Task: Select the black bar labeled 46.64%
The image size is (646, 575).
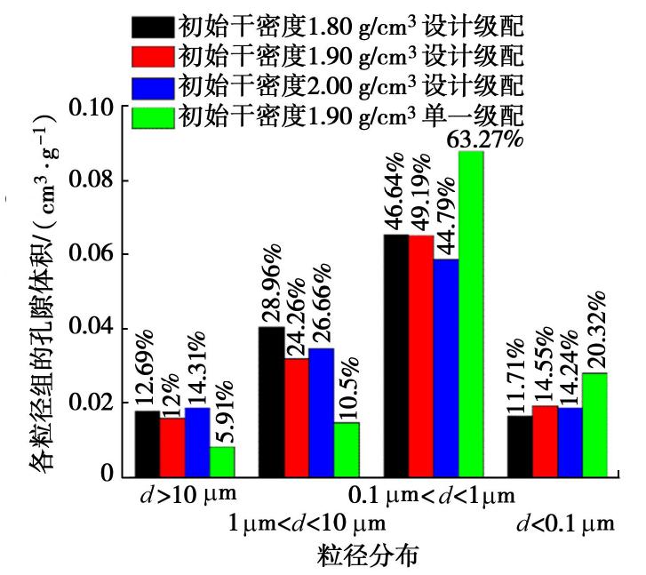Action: (x=395, y=355)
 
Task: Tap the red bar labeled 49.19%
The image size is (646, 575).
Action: (x=421, y=355)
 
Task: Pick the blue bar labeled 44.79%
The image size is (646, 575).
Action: (x=446, y=367)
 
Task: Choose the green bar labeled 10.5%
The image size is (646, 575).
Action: (x=347, y=448)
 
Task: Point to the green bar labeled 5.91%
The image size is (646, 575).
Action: (x=222, y=460)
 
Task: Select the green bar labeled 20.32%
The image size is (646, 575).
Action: (x=594, y=424)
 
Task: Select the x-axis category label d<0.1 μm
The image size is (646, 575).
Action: (x=564, y=523)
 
